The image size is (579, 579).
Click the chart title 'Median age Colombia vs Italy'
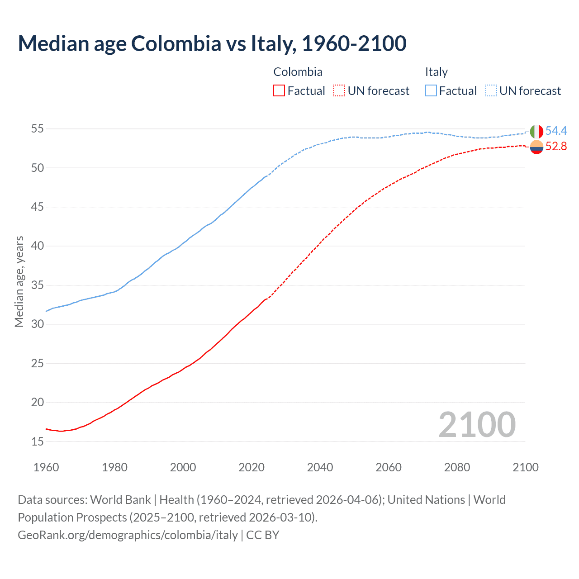coord(212,43)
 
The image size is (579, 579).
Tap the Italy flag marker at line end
coord(536,132)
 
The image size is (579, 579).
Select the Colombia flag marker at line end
coord(536,147)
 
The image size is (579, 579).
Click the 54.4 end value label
coord(556,131)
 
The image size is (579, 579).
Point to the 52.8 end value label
coord(556,147)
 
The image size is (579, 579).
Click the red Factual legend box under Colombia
coord(279,91)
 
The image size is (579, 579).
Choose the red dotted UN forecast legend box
coord(339,91)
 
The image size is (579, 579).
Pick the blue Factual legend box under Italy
coord(431,91)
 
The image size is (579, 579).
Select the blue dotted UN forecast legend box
coord(491,91)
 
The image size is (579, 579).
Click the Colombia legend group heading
coord(298,72)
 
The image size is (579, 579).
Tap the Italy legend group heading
coord(436,72)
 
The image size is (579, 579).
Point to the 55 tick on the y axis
coord(37,129)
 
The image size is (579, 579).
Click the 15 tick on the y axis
coord(37,441)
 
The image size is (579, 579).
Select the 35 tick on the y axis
coord(37,285)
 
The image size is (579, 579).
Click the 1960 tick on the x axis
coord(46,467)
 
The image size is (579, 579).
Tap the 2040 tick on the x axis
coord(320,467)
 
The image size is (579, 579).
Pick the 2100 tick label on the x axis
coord(525,467)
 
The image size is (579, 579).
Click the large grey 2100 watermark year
coord(477,425)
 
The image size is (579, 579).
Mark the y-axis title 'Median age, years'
coord(19,281)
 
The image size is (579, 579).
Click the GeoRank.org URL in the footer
coord(128,535)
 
